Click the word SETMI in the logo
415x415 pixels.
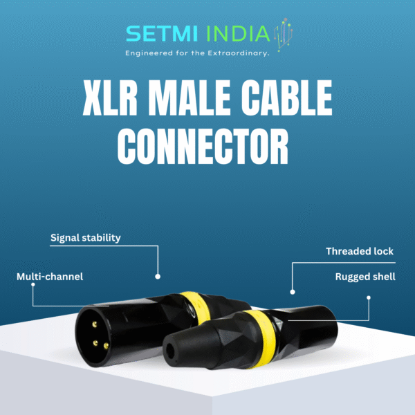tap(162, 34)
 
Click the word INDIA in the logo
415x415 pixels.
tap(238, 34)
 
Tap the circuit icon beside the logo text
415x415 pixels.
tap(284, 35)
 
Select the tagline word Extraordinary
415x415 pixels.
tap(238, 53)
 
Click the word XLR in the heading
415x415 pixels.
tap(110, 98)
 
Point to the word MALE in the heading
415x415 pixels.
tap(190, 98)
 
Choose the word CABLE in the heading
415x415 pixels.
tap(287, 98)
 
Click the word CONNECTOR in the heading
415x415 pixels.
tap(203, 147)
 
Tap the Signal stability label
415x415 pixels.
tap(86, 238)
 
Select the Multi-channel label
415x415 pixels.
tap(50, 277)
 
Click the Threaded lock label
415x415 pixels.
tap(360, 251)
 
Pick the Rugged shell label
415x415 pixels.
tap(365, 277)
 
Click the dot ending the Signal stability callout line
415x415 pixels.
tap(158, 277)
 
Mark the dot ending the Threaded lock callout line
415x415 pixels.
tap(293, 292)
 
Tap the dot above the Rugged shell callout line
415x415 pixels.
tap(369, 297)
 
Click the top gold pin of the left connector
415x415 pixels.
tap(95, 324)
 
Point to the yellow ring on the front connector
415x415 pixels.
tap(262, 339)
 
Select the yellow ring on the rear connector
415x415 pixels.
tap(197, 308)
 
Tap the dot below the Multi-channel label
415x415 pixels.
tap(33, 285)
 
